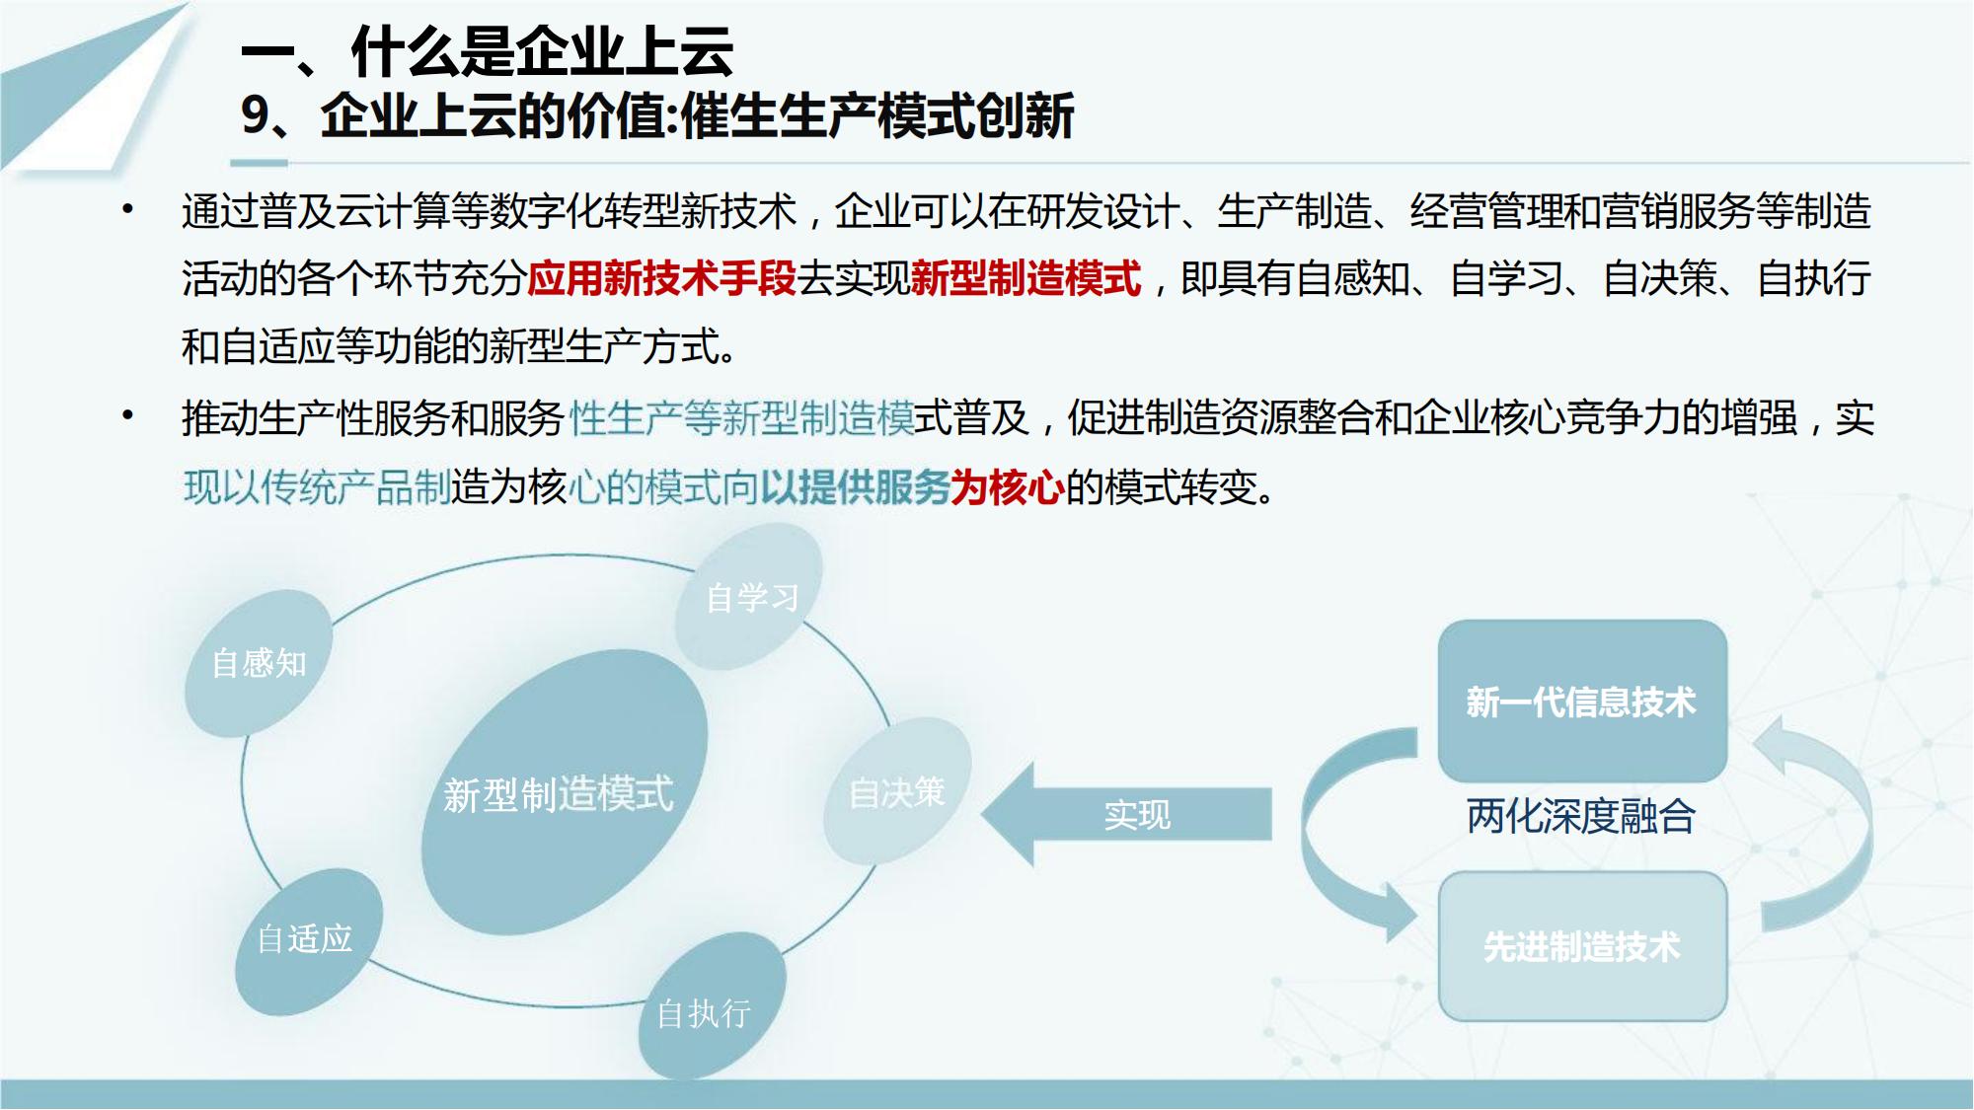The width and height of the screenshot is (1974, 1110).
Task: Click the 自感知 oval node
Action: click(x=259, y=663)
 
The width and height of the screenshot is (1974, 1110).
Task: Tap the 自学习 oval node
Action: click(x=749, y=597)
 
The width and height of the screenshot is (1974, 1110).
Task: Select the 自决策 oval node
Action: click(x=897, y=791)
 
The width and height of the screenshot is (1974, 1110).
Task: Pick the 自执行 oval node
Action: click(x=712, y=1007)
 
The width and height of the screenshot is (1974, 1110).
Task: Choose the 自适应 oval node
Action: click(x=309, y=941)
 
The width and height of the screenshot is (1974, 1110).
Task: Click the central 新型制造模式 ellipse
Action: click(x=565, y=792)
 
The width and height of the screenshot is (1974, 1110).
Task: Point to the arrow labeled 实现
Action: click(x=1126, y=814)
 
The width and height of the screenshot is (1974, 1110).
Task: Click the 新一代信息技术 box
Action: click(x=1582, y=702)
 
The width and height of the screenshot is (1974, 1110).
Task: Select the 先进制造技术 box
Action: click(x=1582, y=946)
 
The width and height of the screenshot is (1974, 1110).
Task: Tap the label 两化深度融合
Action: click(x=1581, y=817)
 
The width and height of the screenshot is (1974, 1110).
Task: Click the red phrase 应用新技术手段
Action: click(x=661, y=279)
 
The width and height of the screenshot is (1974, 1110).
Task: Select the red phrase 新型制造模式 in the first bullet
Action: click(x=1026, y=279)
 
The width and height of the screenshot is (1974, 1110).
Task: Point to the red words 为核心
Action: click(x=1008, y=487)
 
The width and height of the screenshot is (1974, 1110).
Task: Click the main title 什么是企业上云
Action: click(x=542, y=51)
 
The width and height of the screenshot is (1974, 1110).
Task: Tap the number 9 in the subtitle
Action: click(x=255, y=116)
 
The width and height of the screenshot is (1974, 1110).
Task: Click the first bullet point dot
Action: click(x=127, y=209)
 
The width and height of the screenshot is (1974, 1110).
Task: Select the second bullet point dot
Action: click(x=127, y=416)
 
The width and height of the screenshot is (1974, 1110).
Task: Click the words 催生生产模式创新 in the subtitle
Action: click(x=877, y=116)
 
